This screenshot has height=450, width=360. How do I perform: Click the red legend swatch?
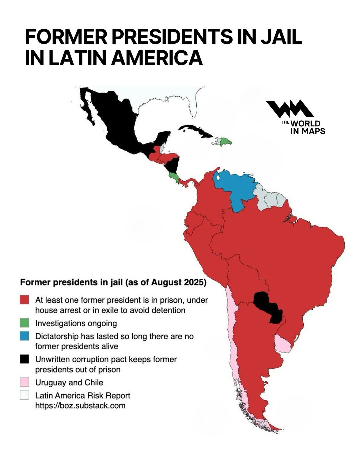(24, 299)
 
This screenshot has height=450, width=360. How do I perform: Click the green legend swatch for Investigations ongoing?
(24, 323)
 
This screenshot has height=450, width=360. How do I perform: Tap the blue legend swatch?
(24, 336)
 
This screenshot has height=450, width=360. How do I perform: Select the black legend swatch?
(24, 359)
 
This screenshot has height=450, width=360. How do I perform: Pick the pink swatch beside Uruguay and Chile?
(24, 382)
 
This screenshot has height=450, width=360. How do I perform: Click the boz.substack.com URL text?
(80, 406)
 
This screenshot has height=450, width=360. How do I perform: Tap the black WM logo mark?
(289, 109)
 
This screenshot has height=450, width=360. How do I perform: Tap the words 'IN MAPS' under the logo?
(307, 131)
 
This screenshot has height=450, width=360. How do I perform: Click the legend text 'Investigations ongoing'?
(76, 323)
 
